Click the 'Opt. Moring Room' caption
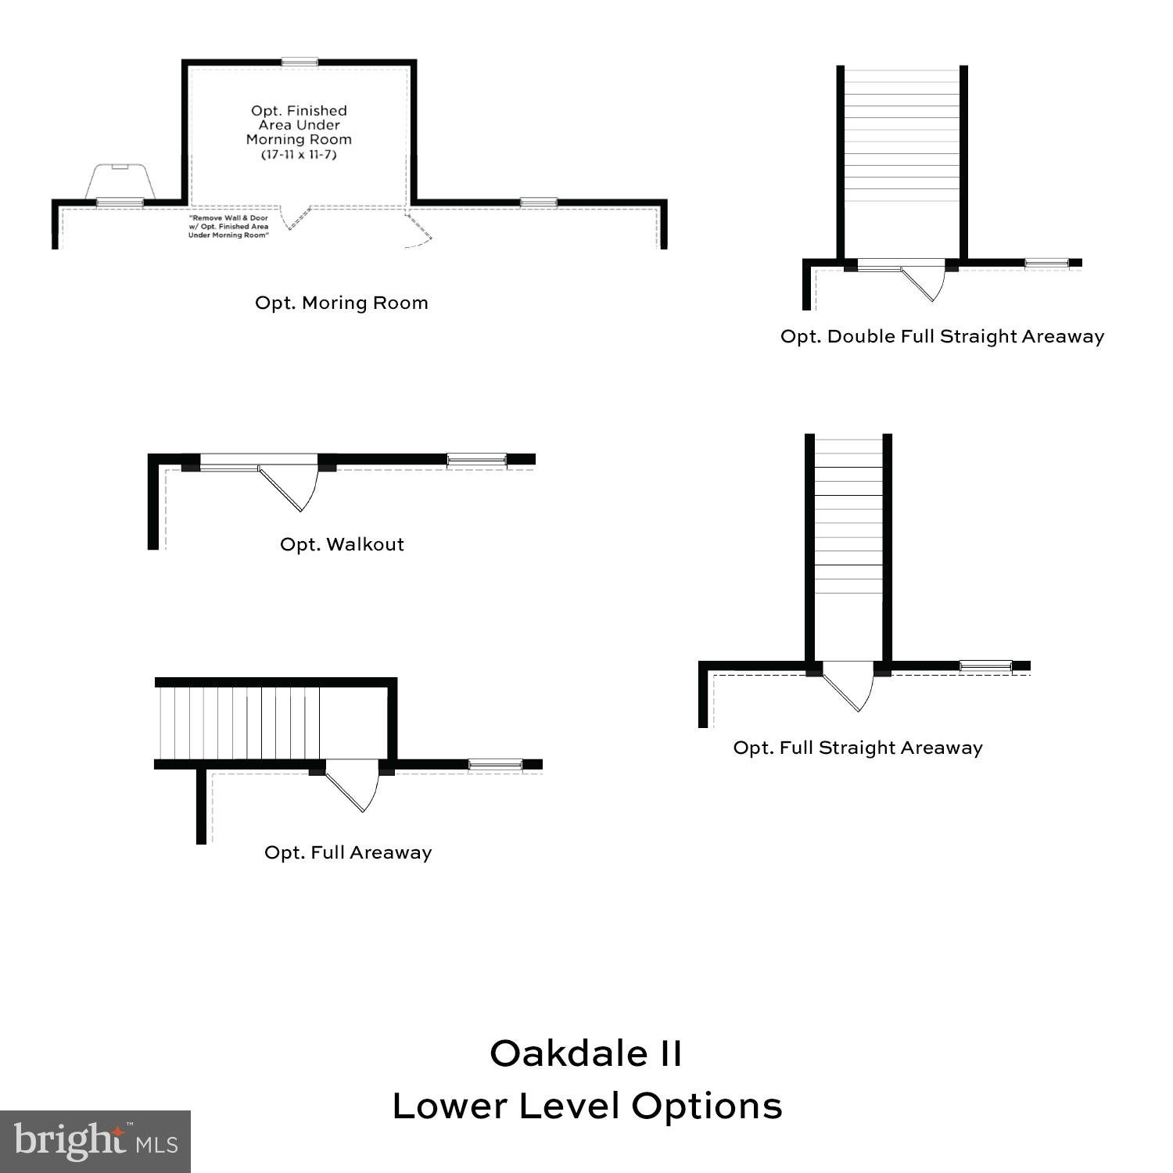(342, 303)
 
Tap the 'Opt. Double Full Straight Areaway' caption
(942, 337)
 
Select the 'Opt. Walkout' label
(342, 544)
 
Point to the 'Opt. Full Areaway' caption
(348, 852)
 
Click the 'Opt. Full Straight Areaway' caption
(858, 748)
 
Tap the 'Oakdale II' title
(586, 1053)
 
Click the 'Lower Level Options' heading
(586, 1106)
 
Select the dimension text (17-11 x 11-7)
(299, 155)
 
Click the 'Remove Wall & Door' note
(228, 218)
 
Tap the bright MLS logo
(95, 1142)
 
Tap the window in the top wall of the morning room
(300, 62)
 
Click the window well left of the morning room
(120, 182)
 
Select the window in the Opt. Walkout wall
(477, 459)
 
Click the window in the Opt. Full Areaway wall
(496, 764)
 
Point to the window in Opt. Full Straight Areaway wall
(985, 666)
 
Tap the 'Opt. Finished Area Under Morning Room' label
(299, 125)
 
